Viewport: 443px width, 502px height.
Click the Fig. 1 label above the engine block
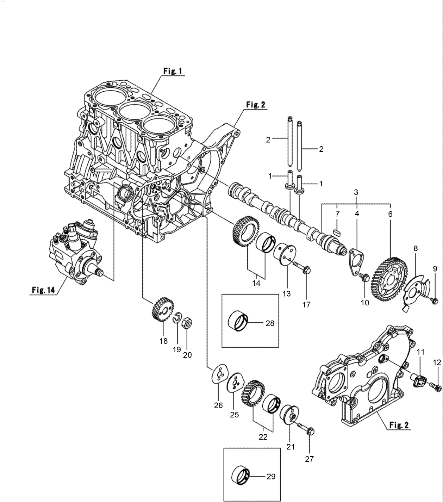[173, 71]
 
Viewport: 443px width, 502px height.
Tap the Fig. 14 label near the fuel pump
[43, 290]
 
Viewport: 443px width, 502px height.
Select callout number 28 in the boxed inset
[270, 323]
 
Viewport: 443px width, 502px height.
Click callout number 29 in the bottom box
[271, 477]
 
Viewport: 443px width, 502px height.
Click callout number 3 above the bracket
[356, 192]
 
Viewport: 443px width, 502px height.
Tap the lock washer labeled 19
[178, 318]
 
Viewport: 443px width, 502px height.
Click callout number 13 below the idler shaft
[287, 293]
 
